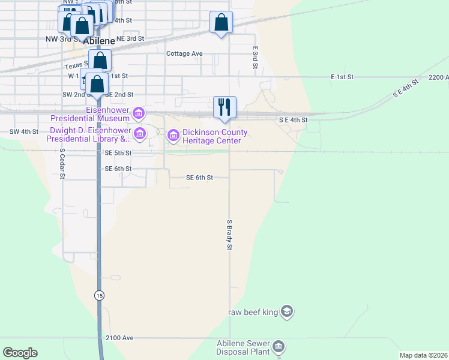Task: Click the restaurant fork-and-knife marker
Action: pyautogui.click(x=225, y=107)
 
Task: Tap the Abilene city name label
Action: pyautogui.click(x=99, y=41)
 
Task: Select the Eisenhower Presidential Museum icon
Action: pyautogui.click(x=139, y=112)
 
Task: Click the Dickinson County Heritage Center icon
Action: pyautogui.click(x=173, y=136)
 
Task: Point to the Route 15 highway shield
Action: pyautogui.click(x=98, y=295)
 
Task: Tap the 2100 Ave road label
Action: pyautogui.click(x=119, y=338)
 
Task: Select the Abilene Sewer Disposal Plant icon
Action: pyautogui.click(x=278, y=346)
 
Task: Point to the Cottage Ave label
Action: pyautogui.click(x=184, y=53)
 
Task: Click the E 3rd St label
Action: pyautogui.click(x=255, y=58)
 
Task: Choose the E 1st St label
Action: pyautogui.click(x=343, y=77)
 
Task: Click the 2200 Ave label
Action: pyautogui.click(x=438, y=77)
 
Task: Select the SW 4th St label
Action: pyautogui.click(x=24, y=131)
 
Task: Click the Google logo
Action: pyautogui.click(x=20, y=352)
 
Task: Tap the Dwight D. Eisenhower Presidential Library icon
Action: pyautogui.click(x=139, y=133)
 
